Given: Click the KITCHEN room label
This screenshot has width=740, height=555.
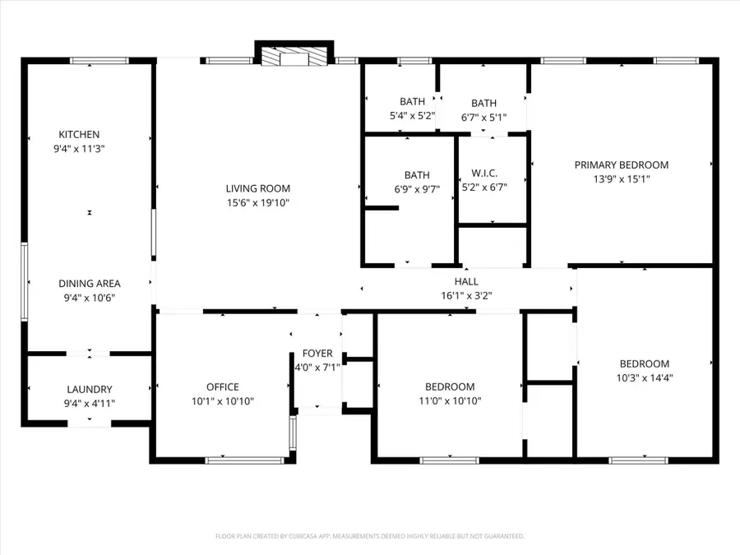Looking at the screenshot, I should coord(79,135).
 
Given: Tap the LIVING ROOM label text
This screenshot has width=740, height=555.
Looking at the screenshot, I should coord(258,188).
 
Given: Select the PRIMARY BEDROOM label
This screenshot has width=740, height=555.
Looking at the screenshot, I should coord(621,164).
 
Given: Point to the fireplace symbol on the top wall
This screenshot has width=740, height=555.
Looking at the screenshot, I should coord(294,58).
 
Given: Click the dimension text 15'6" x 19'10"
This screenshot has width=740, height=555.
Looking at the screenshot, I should coord(258,202).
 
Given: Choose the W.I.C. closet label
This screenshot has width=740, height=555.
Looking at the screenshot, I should coord(484,173).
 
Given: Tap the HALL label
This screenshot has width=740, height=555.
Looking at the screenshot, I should coord(466,282).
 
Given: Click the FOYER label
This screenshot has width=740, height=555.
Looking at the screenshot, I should coord(317,354).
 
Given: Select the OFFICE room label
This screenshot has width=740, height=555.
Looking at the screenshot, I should coord(222,387).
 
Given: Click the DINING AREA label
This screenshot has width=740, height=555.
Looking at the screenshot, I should coord(90,284).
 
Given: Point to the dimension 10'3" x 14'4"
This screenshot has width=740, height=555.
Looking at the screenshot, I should coord(644,378).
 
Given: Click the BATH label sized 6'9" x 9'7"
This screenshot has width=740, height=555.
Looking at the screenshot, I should coord(417,175).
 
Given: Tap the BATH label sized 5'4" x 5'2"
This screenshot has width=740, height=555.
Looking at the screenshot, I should coord(412,102).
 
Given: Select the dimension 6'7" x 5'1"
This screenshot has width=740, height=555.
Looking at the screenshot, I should coord(483,117).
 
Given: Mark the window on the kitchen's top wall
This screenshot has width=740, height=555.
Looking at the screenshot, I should coord(99,60).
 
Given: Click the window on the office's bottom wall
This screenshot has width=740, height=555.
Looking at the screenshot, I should coord(233,460).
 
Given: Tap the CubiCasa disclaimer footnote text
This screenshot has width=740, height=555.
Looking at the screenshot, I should coord(369,536).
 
